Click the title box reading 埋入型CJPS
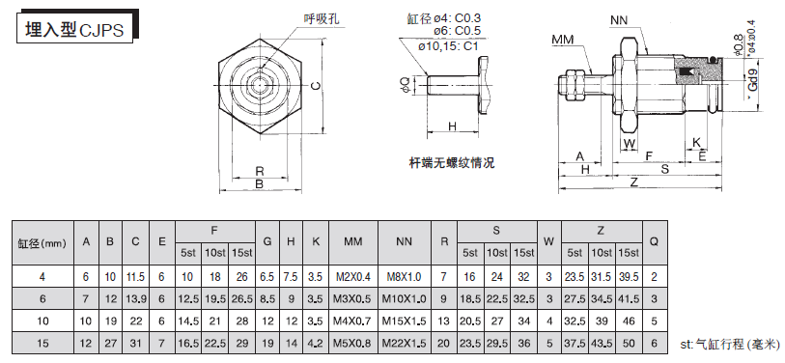coord(74,30)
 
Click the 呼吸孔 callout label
coord(321,19)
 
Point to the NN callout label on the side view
coord(619,20)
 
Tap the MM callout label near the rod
coord(563,39)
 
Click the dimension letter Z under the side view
coord(634,182)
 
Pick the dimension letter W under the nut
coord(630,144)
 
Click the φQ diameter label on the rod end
coord(405,85)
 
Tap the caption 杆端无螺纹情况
coord(452,163)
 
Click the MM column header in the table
coord(353,241)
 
